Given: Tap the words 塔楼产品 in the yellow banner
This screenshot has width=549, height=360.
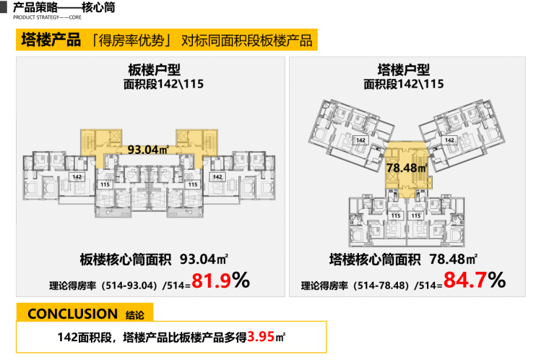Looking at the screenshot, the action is [51, 39].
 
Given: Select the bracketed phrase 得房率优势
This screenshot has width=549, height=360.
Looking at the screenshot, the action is [131, 40].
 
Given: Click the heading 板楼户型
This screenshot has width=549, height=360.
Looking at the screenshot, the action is [152, 70].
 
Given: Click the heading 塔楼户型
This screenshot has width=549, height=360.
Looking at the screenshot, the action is [403, 70].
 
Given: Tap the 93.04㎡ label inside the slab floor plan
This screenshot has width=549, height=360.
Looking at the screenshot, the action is [147, 150].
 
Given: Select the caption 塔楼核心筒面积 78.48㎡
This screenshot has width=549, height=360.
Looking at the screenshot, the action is [402, 258].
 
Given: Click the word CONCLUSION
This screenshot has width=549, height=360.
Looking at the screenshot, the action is [72, 314].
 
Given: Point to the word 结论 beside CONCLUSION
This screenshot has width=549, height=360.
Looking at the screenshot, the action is [135, 315].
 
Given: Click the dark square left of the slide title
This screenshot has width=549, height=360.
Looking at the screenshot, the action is [4, 8].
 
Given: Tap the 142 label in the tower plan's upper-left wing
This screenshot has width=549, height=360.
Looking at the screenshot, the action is [359, 140].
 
